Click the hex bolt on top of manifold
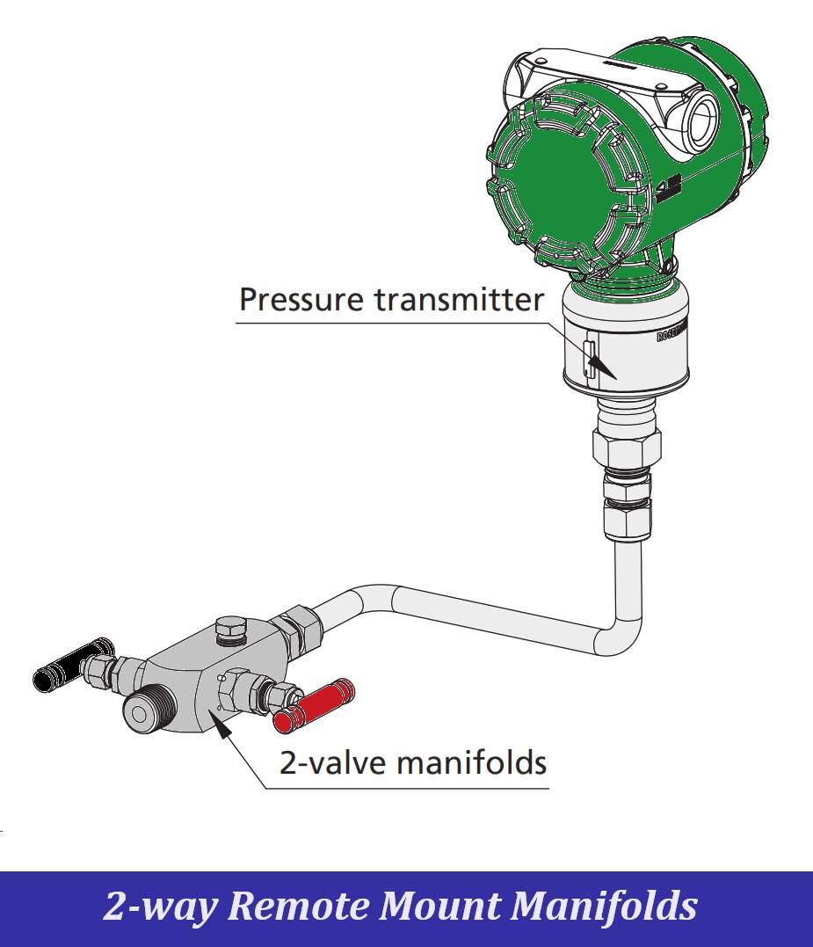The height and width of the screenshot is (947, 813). click(x=230, y=630)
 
